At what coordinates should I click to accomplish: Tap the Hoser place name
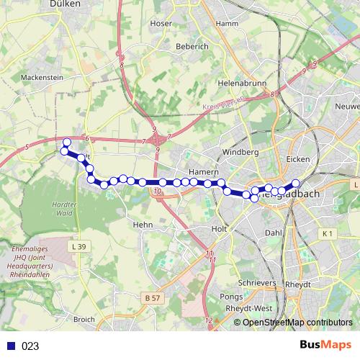[161, 23]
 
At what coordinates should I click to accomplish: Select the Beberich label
[192, 46]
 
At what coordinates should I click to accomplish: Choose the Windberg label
[240, 153]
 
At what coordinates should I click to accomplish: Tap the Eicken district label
[297, 158]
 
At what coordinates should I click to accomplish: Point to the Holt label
[220, 229]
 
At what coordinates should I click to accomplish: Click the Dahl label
[273, 233]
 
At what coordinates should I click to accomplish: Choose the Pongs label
[231, 297]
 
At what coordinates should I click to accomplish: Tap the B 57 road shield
[151, 297]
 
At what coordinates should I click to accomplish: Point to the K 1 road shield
[328, 233]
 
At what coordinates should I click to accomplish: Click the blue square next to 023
[11, 346]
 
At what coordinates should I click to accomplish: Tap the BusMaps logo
[325, 345]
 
